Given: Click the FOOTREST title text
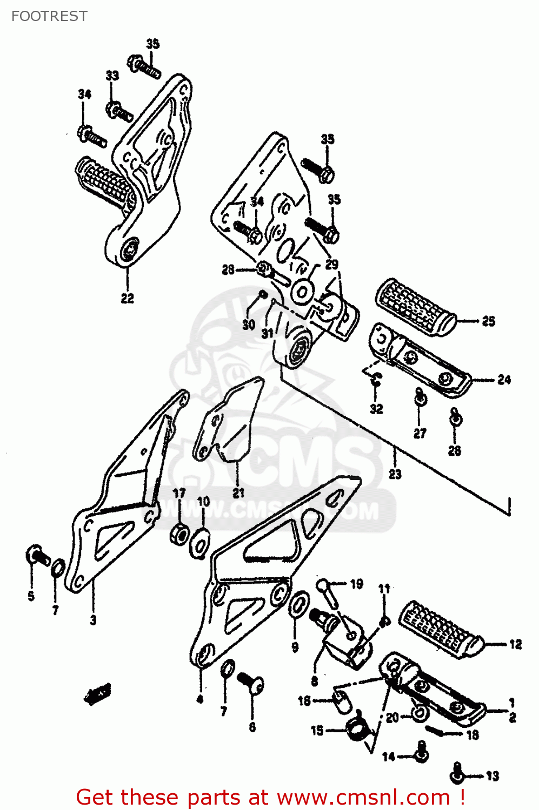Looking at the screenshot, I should pos(49,16).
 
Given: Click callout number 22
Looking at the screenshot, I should pos(127,298).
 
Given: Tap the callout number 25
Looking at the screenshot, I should pos(488,321).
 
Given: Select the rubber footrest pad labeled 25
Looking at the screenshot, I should pos(415,308).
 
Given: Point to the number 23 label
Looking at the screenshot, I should pos(395,474).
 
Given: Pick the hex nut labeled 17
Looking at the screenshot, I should pos(179,534).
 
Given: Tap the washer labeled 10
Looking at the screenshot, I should pos(200,543).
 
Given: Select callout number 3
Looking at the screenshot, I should pos(93,620).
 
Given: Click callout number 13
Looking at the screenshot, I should pos(492,777).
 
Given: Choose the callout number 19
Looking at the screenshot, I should pos(356,584).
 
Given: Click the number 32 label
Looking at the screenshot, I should pos(376,409).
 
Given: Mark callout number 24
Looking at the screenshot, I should pos(504,380).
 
